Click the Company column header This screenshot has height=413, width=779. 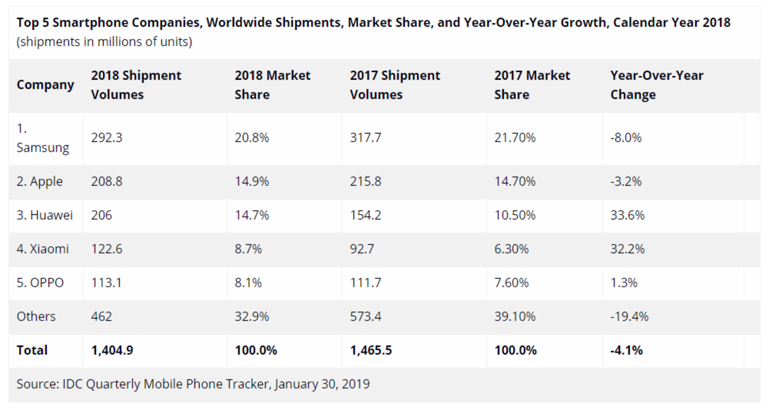45,85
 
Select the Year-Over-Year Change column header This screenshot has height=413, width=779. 656,85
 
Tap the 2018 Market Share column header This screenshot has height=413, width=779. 272,85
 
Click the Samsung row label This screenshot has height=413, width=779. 43,139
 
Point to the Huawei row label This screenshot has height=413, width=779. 45,215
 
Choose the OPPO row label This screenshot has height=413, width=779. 40,283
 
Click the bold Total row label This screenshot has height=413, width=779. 32,350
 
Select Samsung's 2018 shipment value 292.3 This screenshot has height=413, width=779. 106,137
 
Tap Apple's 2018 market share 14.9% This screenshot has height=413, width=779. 251,181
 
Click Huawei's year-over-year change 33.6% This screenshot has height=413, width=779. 627,215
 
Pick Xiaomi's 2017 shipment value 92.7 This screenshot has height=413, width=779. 362,249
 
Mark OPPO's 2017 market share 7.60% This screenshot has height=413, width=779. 511,283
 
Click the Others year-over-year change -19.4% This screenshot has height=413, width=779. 629,317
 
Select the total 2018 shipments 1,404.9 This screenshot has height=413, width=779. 112,350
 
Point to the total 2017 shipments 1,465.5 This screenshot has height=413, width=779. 371,350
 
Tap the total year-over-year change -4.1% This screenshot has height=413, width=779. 626,350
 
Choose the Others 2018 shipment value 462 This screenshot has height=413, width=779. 101,317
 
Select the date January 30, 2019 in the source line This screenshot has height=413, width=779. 322,383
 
